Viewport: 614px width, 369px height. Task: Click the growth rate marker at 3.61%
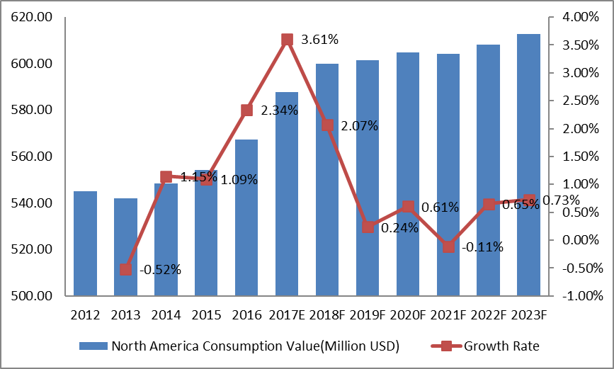point(287,40)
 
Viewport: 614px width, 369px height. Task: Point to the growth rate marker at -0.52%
point(125,269)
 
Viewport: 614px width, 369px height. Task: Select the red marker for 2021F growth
point(448,246)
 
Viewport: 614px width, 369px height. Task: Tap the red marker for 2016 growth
point(246,110)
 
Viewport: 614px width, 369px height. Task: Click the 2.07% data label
point(360,126)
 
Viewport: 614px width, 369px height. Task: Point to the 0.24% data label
point(399,228)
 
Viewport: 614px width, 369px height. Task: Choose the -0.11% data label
point(482,247)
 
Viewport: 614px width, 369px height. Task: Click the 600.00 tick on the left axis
point(34,64)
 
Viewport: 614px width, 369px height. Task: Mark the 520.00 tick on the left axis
point(34,249)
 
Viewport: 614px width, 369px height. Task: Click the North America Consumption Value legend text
point(255,346)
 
